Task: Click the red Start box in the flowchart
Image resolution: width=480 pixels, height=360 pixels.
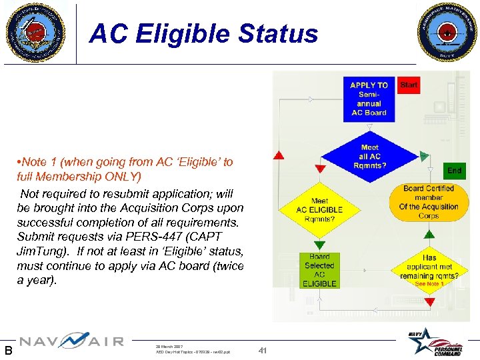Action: (x=409, y=85)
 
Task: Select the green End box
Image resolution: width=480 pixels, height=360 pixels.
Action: (x=454, y=171)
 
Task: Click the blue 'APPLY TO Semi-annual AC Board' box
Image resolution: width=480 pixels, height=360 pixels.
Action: (x=369, y=99)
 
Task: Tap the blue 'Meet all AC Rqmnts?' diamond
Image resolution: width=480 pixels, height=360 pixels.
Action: (x=369, y=156)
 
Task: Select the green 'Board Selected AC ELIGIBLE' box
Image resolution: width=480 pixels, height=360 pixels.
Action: (x=319, y=270)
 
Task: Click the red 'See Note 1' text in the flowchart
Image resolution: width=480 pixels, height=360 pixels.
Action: (x=429, y=284)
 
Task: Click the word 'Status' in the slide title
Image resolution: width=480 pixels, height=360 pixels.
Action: (x=283, y=33)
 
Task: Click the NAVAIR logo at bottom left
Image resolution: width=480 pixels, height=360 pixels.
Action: (x=71, y=342)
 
